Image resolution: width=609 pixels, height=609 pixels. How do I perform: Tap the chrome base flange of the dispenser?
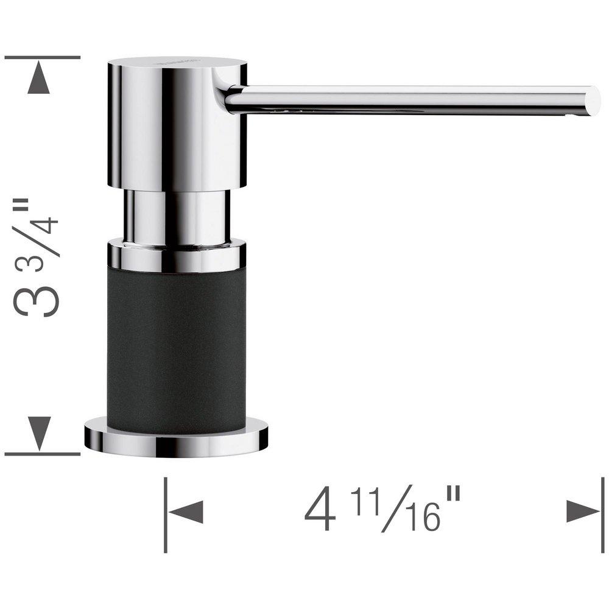(x=176, y=440)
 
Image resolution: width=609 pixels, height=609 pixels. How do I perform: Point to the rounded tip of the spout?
(x=593, y=100)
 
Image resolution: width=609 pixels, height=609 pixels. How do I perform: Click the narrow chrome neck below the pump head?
(x=177, y=216)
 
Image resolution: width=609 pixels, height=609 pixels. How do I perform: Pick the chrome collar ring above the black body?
(x=177, y=256)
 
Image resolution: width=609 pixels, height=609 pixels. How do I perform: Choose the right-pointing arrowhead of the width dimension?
(x=582, y=512)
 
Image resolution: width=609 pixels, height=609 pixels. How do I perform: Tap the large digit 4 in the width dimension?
(x=320, y=512)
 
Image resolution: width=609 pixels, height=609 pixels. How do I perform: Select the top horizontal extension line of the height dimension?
(x=43, y=57)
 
